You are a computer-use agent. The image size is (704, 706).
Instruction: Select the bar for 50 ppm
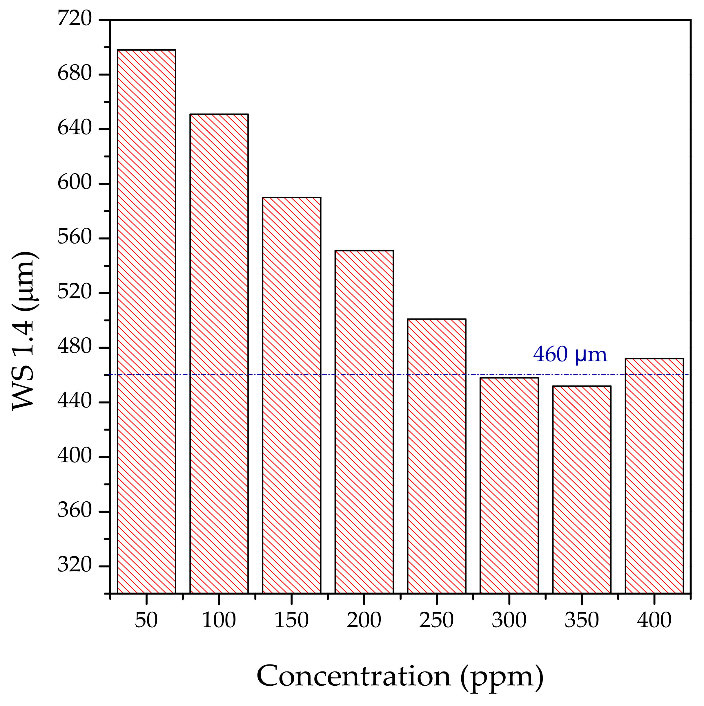pyautogui.click(x=146, y=322)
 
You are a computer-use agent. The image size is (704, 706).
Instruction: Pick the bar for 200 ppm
pyautogui.click(x=364, y=422)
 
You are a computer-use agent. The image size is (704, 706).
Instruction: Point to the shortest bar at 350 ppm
pyautogui.click(x=582, y=490)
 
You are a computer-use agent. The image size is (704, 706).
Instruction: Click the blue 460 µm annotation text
pyautogui.click(x=570, y=354)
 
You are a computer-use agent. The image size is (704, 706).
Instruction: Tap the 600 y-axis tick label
pyautogui.click(x=75, y=183)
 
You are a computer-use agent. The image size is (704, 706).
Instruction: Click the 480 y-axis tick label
pyautogui.click(x=75, y=347)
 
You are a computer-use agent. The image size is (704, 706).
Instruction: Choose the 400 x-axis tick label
pyautogui.click(x=654, y=620)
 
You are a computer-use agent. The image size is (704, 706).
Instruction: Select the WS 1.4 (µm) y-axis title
pyautogui.click(x=24, y=331)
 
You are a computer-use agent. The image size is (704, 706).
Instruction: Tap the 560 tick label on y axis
pyautogui.click(x=75, y=237)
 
